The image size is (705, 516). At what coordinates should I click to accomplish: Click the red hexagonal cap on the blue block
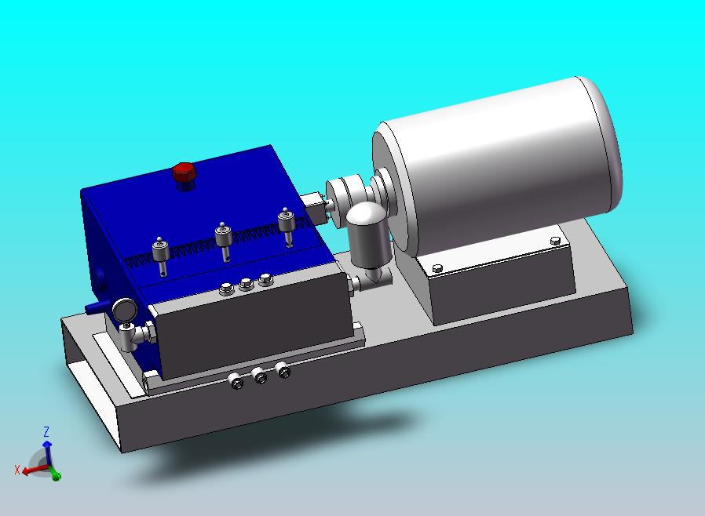coord(184,172)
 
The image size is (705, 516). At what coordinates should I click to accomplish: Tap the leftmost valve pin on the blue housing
coord(160,256)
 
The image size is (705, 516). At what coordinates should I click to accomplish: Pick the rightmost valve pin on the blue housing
coord(286,227)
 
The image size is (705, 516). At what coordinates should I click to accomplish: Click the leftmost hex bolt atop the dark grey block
coord(226,289)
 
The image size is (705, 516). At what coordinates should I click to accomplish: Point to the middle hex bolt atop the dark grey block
coord(246,284)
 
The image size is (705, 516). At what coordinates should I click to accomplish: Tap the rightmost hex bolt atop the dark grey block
coord(265,279)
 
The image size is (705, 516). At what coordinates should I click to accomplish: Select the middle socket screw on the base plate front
coord(259,376)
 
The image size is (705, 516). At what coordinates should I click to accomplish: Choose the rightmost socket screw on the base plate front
coord(283,370)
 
